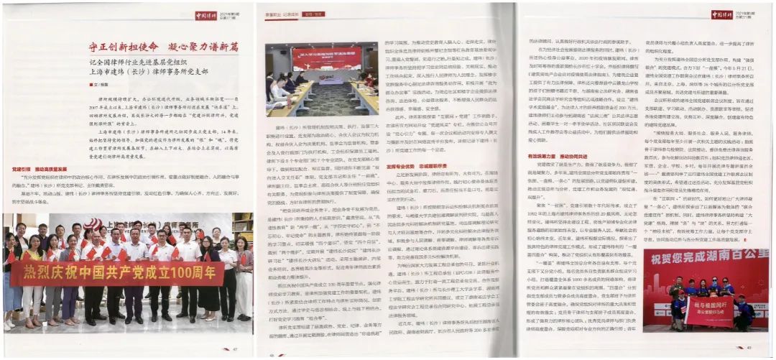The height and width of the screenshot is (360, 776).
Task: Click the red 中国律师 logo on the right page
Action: [x=720, y=14]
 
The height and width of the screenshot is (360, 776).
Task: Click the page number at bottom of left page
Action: [x=235, y=350]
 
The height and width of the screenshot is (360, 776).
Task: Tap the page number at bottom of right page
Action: [x=747, y=349]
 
